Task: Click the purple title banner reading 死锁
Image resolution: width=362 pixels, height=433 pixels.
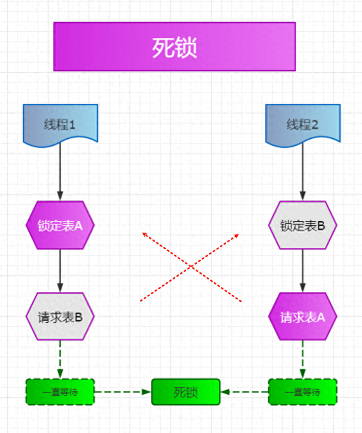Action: [x=174, y=47]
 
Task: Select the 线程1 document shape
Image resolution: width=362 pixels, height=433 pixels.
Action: [x=60, y=124]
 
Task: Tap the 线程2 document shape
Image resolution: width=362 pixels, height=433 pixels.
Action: [x=303, y=124]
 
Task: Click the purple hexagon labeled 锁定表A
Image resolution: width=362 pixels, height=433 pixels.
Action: [x=60, y=225]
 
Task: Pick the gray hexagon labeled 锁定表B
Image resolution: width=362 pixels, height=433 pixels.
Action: [x=303, y=225]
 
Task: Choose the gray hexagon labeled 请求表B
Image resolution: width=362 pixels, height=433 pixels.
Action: [x=60, y=317]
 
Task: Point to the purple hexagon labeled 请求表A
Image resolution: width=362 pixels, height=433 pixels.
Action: [x=303, y=317]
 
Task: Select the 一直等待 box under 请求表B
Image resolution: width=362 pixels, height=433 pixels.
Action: [x=60, y=392]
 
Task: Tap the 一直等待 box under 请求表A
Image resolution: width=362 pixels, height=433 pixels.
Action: [x=303, y=392]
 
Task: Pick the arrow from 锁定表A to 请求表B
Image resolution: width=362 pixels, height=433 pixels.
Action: [x=60, y=271]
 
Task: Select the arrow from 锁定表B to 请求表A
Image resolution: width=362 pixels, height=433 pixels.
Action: [x=303, y=271]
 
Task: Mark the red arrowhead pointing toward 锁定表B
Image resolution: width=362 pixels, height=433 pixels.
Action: [x=237, y=235]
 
